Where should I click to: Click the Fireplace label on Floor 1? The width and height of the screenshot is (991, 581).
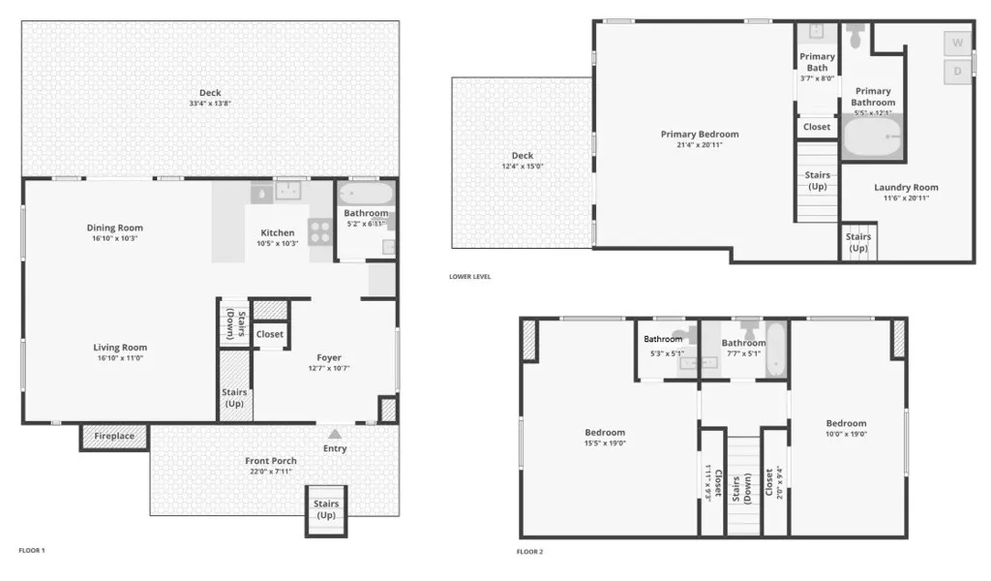(114, 437)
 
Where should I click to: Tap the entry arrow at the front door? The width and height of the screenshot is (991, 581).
(335, 435)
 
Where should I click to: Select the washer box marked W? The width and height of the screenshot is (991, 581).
(957, 44)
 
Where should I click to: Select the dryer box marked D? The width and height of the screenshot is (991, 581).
(957, 72)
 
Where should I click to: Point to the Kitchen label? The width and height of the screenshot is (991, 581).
(277, 232)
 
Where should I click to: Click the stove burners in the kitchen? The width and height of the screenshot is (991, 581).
(320, 231)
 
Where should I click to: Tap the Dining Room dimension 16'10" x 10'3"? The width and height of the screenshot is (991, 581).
(114, 238)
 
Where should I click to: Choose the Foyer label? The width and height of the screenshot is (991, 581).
(329, 357)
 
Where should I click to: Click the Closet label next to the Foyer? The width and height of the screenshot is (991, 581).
(270, 334)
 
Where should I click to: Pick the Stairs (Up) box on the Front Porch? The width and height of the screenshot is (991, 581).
(326, 509)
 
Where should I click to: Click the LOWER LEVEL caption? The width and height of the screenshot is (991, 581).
(469, 277)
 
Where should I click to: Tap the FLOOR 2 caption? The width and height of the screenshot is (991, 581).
(529, 551)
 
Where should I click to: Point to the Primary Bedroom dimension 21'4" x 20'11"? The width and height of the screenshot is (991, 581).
(699, 145)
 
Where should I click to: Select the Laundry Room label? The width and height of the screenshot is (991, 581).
(906, 188)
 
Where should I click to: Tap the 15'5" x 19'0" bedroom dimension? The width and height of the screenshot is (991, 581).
(605, 443)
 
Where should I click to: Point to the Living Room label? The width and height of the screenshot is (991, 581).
(120, 348)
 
